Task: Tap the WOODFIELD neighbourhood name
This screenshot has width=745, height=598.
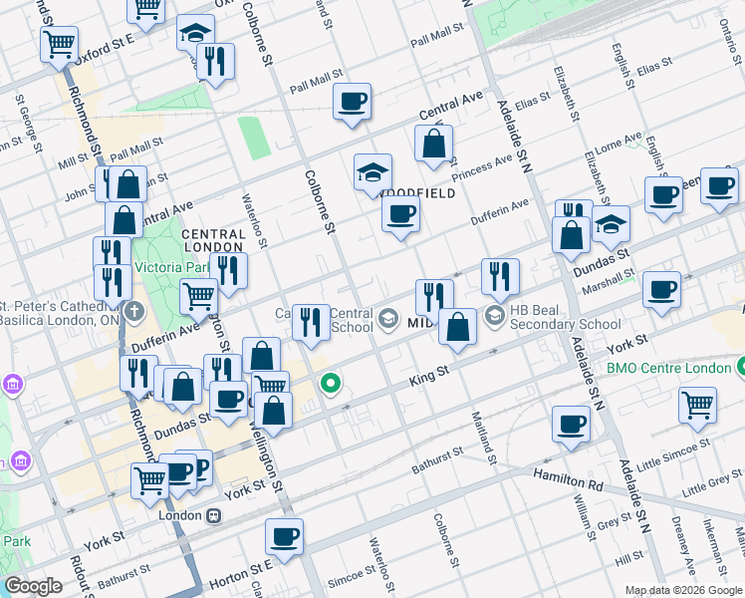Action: pyautogui.click(x=421, y=192)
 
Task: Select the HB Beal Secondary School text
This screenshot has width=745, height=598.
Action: pyautogui.click(x=565, y=317)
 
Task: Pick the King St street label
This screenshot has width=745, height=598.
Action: pyautogui.click(x=431, y=380)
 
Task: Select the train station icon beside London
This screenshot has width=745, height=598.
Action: pyautogui.click(x=212, y=516)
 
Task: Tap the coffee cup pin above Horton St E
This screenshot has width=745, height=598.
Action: pyautogui.click(x=284, y=536)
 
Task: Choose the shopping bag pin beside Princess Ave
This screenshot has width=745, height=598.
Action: pyautogui.click(x=434, y=145)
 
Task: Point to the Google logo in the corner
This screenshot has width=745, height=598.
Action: pyautogui.click(x=33, y=586)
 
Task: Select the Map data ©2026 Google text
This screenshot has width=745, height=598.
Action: pyautogui.click(x=683, y=590)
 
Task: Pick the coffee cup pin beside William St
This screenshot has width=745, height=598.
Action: pyautogui.click(x=572, y=424)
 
